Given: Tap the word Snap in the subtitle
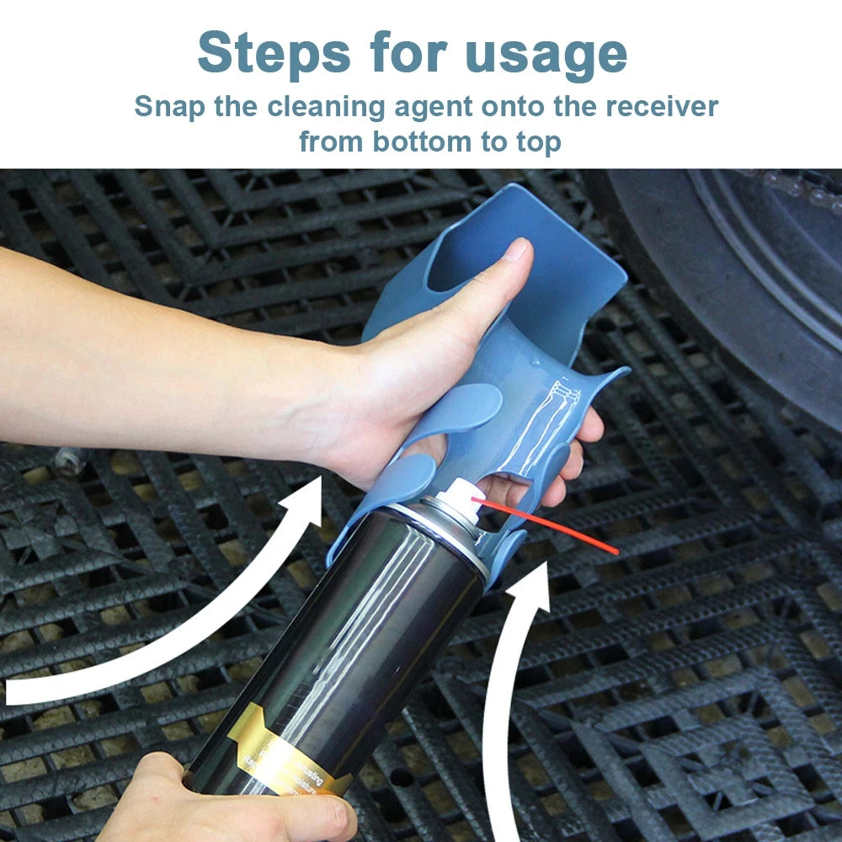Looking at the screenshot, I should tap(168, 108).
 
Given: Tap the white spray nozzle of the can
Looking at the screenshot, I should tap(461, 494).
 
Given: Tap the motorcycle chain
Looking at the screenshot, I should tap(800, 189).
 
